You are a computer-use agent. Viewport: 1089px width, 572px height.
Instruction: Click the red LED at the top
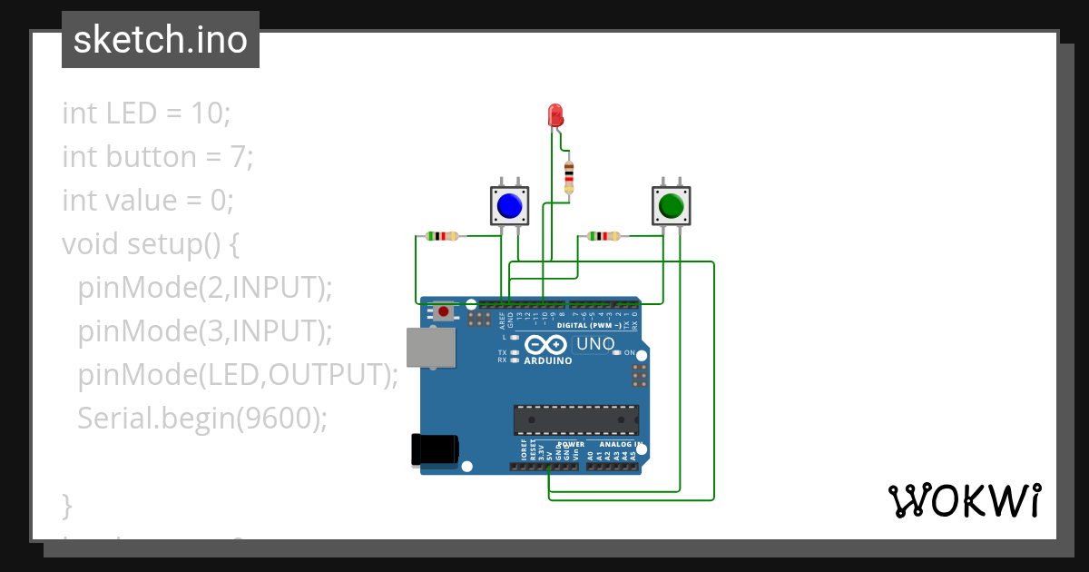[x=555, y=115]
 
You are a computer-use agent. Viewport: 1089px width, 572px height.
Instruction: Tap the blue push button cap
[x=510, y=206]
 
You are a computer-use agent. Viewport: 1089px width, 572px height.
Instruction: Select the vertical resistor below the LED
[x=569, y=177]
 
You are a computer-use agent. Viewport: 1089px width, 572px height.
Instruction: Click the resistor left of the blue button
[x=442, y=237]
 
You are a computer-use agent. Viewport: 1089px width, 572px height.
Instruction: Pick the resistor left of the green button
[x=603, y=237]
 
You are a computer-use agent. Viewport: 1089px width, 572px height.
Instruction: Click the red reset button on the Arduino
[x=443, y=312]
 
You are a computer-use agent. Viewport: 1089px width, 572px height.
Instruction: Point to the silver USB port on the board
[x=430, y=348]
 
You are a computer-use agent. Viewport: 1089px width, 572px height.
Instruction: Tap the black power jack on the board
[x=434, y=450]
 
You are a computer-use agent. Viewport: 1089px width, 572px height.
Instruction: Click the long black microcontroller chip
[x=576, y=419]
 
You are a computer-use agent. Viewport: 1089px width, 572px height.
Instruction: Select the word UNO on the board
[x=595, y=344]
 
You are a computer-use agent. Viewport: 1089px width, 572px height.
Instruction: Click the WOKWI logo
[x=964, y=501]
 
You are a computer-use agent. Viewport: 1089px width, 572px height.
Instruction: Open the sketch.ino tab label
[x=161, y=40]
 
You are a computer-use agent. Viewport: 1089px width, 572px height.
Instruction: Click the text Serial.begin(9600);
[x=201, y=418]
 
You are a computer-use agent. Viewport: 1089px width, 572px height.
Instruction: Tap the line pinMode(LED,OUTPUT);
[x=238, y=374]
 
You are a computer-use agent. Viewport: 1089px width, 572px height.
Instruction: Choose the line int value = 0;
[x=148, y=200]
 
